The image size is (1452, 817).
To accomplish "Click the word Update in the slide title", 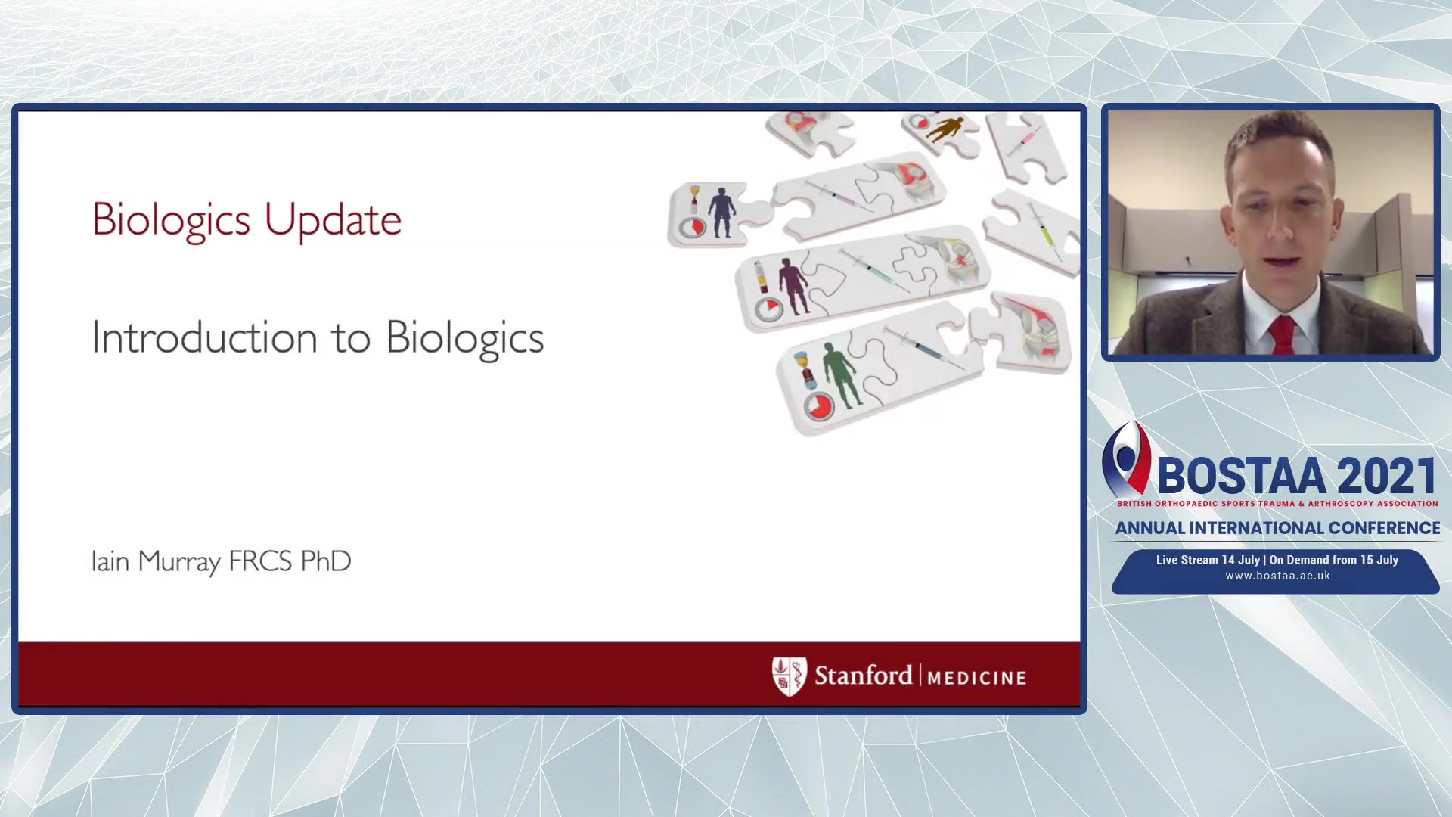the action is tap(333, 220).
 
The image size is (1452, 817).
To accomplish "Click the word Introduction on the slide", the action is tap(204, 337).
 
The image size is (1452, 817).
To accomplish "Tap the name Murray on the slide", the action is tap(179, 562).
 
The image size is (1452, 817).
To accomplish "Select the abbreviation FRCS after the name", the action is tap(260, 561).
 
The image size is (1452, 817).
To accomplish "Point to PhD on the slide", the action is tap(326, 561).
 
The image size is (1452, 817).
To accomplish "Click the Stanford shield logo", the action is tap(789, 676).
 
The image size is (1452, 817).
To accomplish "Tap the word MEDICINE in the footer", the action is tap(977, 678).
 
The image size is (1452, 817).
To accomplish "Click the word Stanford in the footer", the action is tap(863, 675).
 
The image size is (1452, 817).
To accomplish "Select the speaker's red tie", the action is tap(1283, 335).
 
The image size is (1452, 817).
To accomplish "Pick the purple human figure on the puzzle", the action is tap(793, 285).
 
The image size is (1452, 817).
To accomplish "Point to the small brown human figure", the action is tap(946, 129).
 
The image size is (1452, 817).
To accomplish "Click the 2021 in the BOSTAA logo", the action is tap(1387, 476).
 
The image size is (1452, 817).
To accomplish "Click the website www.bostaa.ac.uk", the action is tap(1277, 576).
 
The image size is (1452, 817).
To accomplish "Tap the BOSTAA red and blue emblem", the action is tap(1126, 459).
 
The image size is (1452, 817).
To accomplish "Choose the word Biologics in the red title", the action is tap(171, 220).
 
